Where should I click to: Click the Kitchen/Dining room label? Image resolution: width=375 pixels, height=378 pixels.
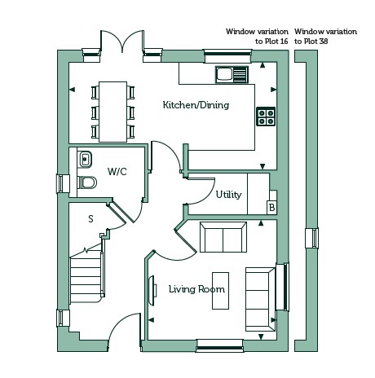(x=196, y=105)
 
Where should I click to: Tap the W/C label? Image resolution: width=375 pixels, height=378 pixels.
(x=117, y=172)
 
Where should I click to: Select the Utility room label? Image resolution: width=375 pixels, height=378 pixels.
(x=228, y=195)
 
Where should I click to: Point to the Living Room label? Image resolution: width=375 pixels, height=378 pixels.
(x=196, y=289)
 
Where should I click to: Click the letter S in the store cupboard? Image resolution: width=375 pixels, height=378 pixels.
(x=90, y=219)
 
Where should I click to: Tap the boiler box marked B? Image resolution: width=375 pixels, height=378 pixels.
(x=271, y=208)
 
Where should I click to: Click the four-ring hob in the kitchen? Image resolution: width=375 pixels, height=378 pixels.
(x=266, y=116)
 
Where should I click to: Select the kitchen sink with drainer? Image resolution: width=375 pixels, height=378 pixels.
(x=232, y=74)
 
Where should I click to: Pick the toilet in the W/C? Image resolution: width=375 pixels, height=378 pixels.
(x=87, y=182)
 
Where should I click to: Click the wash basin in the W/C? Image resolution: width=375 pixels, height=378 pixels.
(x=85, y=159)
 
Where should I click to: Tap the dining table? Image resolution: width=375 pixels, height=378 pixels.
(x=112, y=112)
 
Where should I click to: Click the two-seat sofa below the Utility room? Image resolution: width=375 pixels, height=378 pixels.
(x=223, y=237)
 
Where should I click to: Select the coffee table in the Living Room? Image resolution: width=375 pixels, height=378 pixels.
(x=220, y=291)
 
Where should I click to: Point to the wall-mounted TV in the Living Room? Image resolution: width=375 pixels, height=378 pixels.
(x=152, y=291)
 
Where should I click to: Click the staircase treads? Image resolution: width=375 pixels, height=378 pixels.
(x=86, y=279)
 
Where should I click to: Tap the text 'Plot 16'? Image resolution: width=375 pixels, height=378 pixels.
(x=276, y=42)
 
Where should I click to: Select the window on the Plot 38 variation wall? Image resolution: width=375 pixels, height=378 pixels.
(x=311, y=238)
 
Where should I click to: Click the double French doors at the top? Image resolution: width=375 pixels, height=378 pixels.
(x=122, y=42)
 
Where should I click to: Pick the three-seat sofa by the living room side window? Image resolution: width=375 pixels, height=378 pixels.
(x=260, y=299)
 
